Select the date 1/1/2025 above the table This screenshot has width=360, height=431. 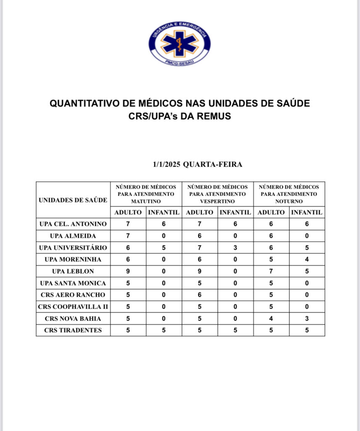[x=167, y=164]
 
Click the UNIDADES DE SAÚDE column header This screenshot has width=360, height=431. [x=73, y=200]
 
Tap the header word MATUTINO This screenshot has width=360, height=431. [x=146, y=201]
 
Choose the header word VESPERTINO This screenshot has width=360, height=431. [x=217, y=201]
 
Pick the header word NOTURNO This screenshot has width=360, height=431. [x=289, y=201]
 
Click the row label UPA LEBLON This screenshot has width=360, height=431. [x=73, y=271]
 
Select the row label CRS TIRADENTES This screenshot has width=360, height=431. [x=73, y=330]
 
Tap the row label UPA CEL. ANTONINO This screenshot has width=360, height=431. [x=73, y=224]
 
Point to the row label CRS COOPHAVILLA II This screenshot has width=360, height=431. [x=73, y=306]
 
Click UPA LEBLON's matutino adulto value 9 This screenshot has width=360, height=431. [x=128, y=271]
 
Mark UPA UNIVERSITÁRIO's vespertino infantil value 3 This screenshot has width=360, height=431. [x=236, y=247]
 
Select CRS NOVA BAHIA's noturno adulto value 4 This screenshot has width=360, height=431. [x=271, y=318]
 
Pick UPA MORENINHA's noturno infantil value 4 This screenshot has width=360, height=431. [x=307, y=259]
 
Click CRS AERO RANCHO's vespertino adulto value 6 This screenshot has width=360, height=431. [x=200, y=295]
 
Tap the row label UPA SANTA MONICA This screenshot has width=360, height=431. [x=73, y=283]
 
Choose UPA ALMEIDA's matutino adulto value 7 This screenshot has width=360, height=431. [x=128, y=236]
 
